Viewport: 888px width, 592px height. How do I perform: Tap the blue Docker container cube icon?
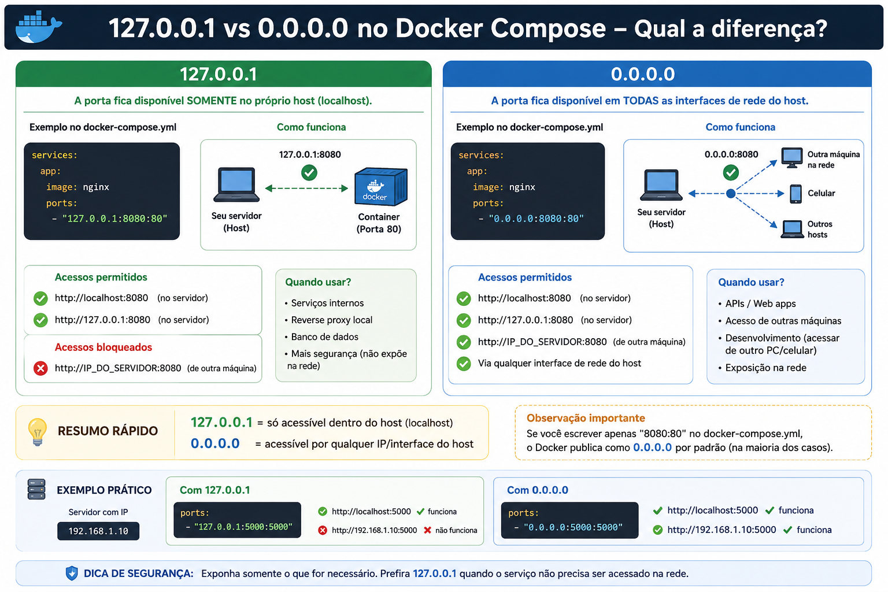click(380, 187)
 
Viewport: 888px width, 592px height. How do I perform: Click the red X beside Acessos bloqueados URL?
click(40, 368)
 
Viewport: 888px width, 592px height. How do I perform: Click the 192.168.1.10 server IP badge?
click(98, 531)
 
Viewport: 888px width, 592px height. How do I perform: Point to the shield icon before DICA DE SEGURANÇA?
click(72, 573)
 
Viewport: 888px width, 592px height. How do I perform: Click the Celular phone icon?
click(795, 194)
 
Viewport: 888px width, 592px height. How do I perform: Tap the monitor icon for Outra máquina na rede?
click(791, 158)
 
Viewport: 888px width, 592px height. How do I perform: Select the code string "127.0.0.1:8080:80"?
click(114, 219)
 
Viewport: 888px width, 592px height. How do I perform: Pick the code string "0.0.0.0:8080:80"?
click(536, 219)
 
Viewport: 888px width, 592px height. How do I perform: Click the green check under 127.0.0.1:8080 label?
click(309, 172)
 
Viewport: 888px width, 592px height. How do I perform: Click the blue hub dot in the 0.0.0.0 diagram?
click(731, 194)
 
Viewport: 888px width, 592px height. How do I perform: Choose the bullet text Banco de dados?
click(325, 336)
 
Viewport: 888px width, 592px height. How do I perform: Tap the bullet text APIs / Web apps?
click(760, 304)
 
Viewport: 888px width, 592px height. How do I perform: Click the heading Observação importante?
click(586, 418)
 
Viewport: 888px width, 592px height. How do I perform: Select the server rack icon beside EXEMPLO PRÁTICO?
click(36, 489)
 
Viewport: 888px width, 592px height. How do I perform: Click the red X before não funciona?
click(427, 530)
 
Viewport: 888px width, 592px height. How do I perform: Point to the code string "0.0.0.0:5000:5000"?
click(573, 527)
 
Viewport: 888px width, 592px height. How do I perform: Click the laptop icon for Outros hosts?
click(792, 229)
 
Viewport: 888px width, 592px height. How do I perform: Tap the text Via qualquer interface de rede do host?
click(560, 363)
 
